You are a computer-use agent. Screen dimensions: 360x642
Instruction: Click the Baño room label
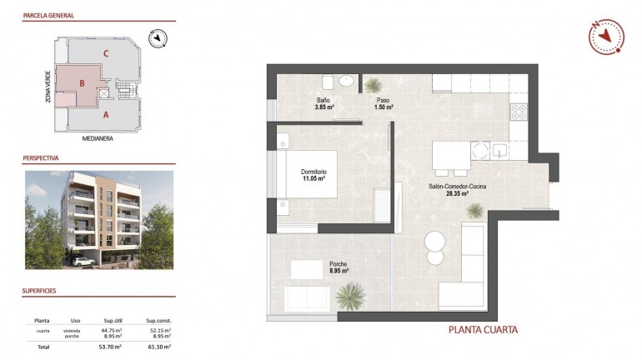324,101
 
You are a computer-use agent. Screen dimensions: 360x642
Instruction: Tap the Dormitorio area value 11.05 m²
313,179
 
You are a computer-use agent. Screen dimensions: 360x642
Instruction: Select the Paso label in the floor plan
383,101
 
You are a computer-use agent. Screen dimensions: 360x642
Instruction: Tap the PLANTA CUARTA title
483,329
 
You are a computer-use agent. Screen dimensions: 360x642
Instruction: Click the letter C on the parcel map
105,53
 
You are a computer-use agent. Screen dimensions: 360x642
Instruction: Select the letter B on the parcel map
82,83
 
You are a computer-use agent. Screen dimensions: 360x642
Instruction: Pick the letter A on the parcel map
105,116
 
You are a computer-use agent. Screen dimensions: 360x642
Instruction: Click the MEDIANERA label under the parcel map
98,139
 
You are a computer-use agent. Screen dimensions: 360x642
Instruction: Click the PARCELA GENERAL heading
49,15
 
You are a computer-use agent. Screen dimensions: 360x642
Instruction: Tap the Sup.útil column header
113,319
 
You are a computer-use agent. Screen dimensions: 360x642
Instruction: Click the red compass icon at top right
605,37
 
